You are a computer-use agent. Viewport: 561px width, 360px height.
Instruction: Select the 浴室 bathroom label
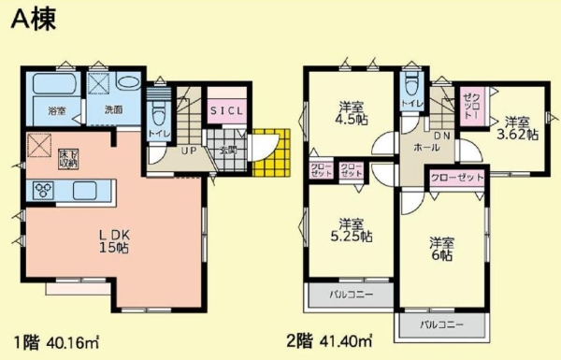coord(56,111)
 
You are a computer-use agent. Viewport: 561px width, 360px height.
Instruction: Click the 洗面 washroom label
coord(113,109)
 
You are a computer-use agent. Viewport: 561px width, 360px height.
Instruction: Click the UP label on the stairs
coord(188,151)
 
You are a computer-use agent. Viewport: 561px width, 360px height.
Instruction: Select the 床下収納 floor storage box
coord(68,157)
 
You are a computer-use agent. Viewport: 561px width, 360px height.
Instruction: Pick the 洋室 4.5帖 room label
coord(352,112)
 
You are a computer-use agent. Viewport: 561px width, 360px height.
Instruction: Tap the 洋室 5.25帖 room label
coord(351,230)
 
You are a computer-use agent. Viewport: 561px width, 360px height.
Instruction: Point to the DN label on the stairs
coord(441,137)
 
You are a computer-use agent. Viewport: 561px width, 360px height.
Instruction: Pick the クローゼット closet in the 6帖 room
coord(458,178)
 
